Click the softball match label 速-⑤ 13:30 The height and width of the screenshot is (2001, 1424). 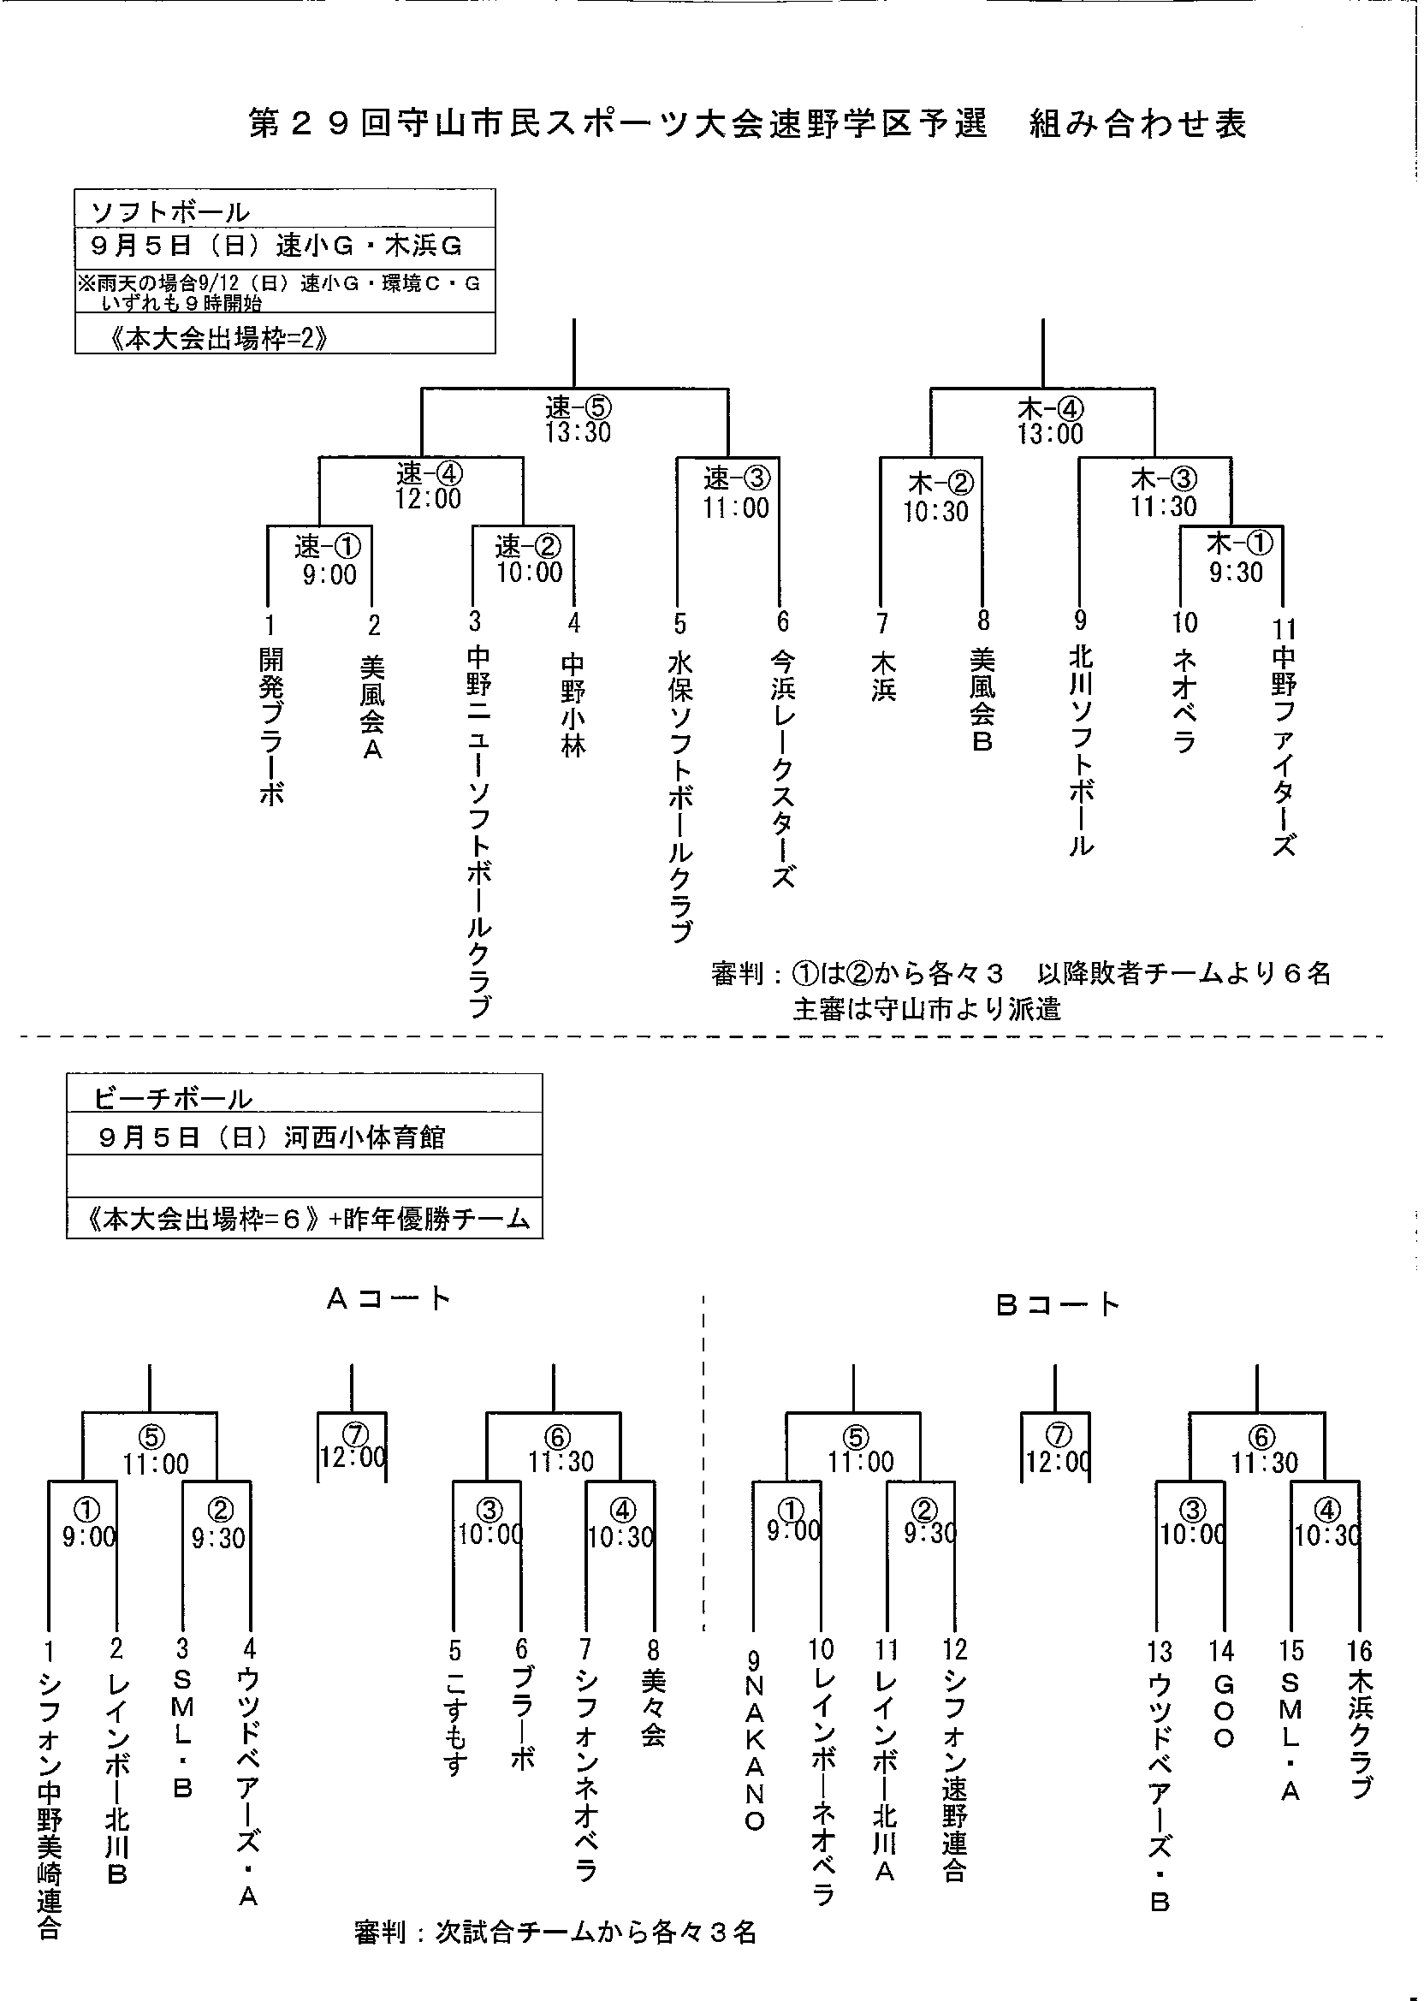[x=578, y=420]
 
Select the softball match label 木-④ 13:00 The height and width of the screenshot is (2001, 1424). [x=1049, y=422]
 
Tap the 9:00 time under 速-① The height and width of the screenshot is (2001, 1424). [x=329, y=575]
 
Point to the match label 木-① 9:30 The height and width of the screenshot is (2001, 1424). [x=1237, y=558]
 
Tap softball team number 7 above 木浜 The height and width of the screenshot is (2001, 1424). [x=882, y=623]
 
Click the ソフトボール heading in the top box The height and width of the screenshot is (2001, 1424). [x=171, y=212]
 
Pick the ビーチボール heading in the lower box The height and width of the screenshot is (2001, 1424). [x=173, y=1100]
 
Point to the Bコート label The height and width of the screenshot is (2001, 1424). [x=1058, y=1306]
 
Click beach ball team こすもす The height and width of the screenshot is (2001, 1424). [x=455, y=1725]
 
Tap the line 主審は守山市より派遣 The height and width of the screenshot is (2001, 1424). [x=926, y=1009]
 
